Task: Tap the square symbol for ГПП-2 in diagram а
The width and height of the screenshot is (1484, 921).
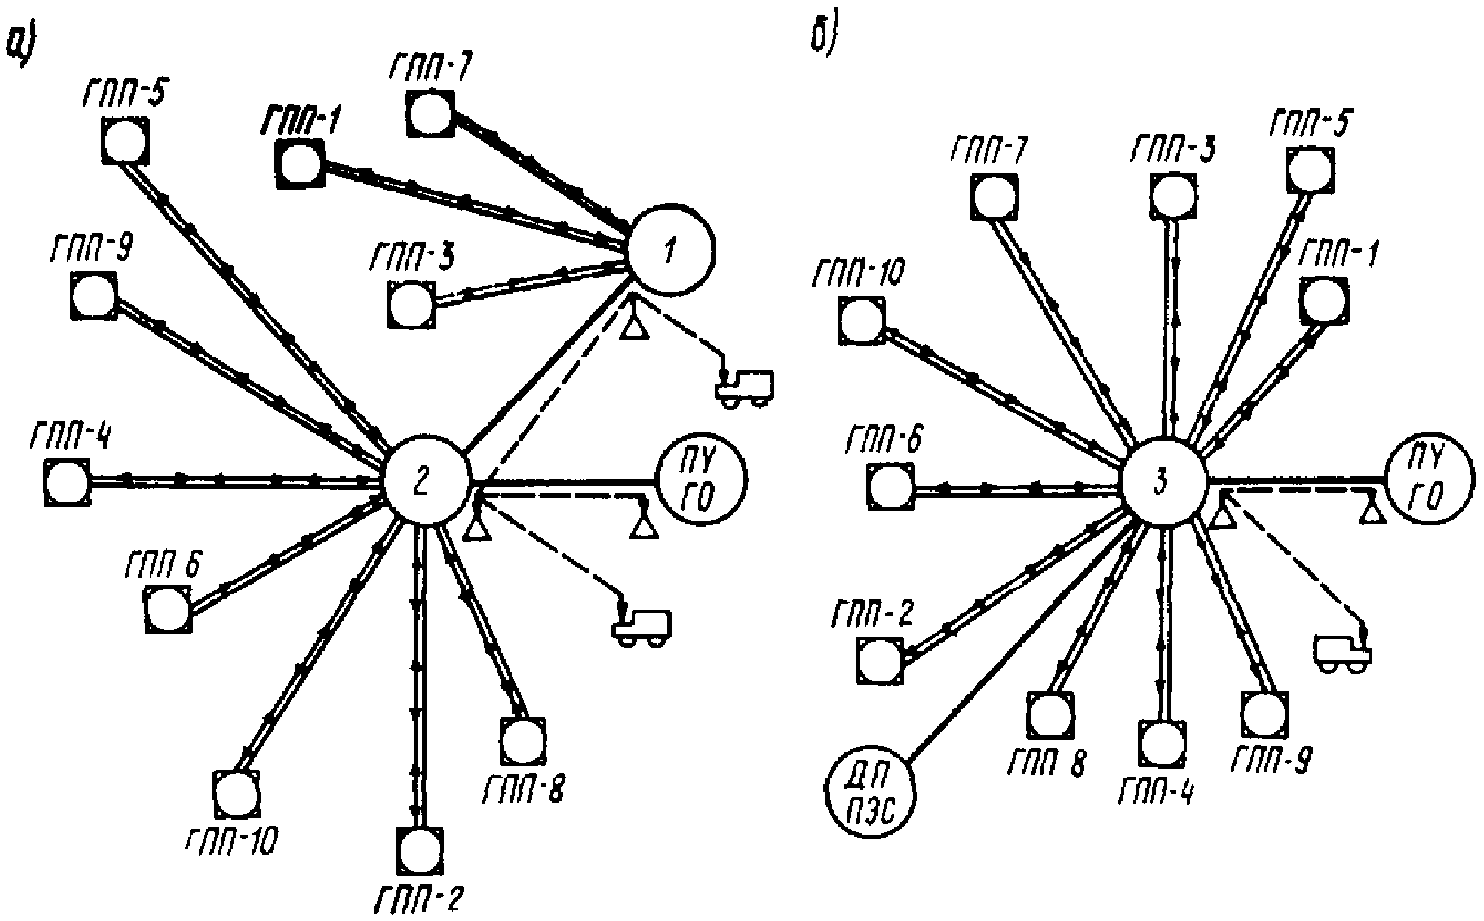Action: pyautogui.click(x=422, y=851)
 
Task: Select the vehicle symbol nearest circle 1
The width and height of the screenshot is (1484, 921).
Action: pyautogui.click(x=743, y=385)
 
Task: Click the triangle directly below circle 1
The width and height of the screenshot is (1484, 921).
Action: pyautogui.click(x=635, y=327)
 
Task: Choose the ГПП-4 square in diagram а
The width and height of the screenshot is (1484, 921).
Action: pyautogui.click(x=68, y=482)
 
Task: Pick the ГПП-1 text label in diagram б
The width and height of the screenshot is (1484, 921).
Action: pyautogui.click(x=1335, y=256)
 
